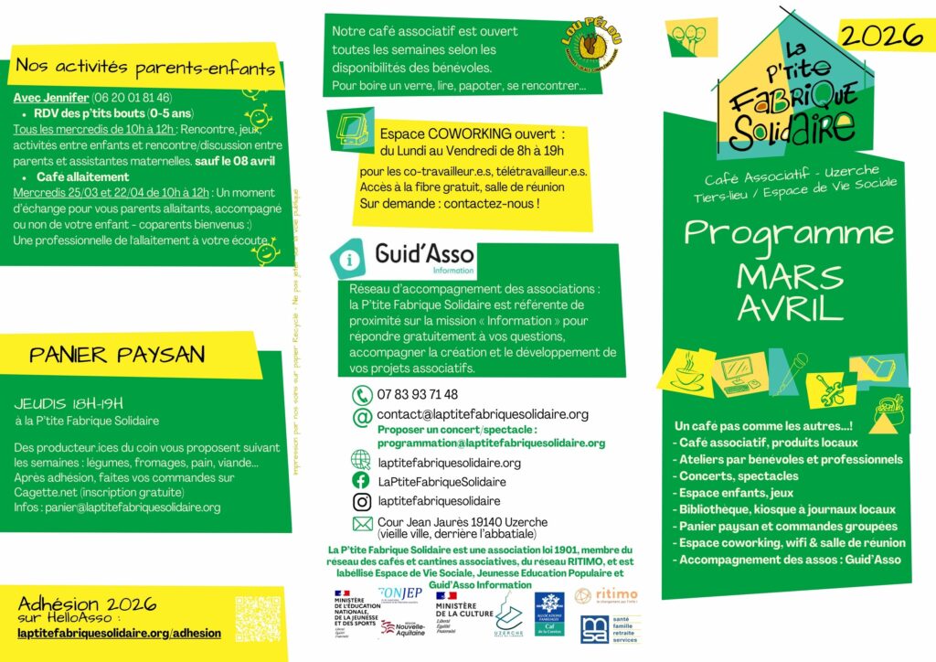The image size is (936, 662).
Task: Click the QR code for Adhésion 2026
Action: [x=258, y=619]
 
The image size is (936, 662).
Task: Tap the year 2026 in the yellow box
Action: [x=880, y=36]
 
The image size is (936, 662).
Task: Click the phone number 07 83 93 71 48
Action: [x=418, y=394]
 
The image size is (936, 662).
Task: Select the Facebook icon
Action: [x=361, y=481]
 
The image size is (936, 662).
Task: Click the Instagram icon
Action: [x=361, y=501]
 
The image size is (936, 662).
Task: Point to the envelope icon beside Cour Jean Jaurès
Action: [x=362, y=524]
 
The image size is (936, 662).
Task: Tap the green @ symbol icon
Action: [x=362, y=417]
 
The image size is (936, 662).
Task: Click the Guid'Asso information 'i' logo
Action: [x=346, y=259]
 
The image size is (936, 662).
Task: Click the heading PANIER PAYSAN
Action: [x=117, y=355]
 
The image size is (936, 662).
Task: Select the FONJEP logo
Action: [x=399, y=593]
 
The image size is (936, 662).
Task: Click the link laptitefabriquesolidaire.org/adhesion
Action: [x=120, y=633]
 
